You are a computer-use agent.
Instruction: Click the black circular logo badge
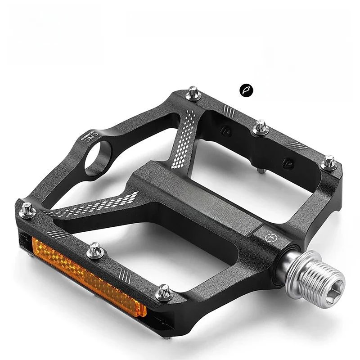click(246, 90)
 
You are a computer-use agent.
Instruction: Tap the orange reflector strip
click(88, 276)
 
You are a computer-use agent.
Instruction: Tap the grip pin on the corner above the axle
click(329, 162)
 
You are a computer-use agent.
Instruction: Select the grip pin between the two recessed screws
click(261, 127)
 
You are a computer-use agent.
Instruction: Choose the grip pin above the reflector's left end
click(27, 210)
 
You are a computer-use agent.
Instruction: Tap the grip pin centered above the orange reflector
click(95, 250)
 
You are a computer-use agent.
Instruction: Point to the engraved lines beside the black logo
click(229, 109)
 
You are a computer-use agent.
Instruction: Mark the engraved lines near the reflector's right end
click(124, 273)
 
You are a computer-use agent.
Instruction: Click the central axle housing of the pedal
click(198, 193)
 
